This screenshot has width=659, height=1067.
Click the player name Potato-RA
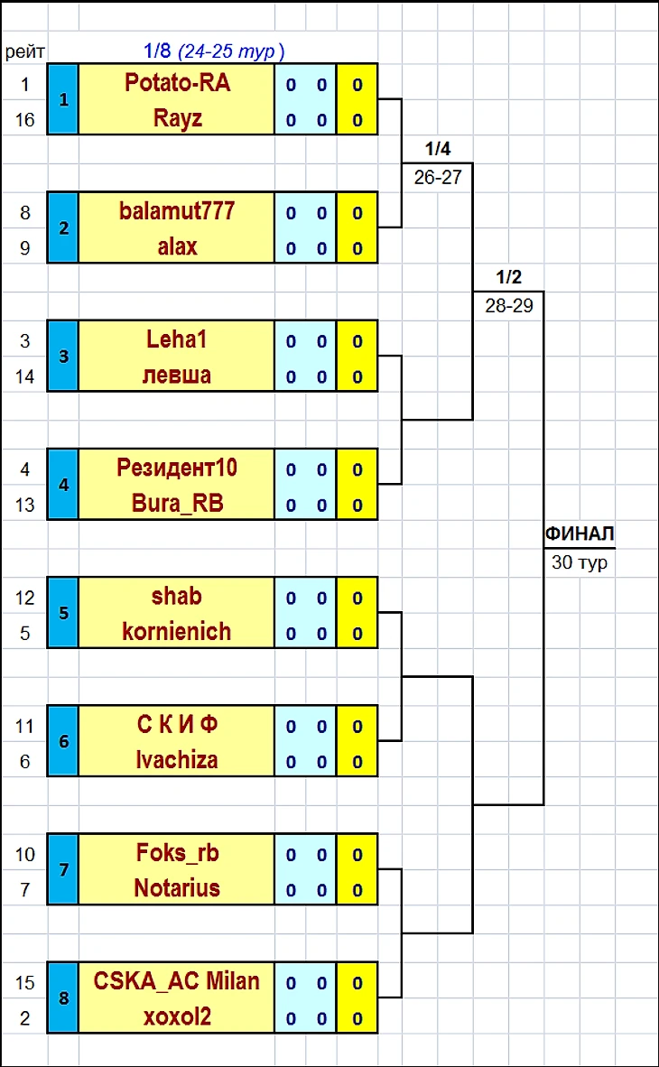tap(177, 83)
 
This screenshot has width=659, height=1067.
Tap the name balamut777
tap(177, 211)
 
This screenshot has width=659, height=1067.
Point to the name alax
tap(177, 246)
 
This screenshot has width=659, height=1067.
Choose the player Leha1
tap(177, 339)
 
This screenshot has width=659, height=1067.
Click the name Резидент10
tap(177, 468)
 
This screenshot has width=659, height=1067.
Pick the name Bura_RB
tap(177, 504)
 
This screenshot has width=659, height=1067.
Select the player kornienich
tap(177, 632)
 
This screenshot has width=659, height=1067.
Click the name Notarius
tap(177, 888)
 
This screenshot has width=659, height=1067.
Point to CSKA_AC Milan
tap(177, 981)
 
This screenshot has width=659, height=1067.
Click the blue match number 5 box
tap(63, 613)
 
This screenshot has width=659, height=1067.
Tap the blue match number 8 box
tap(63, 998)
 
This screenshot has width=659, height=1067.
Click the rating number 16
tap(25, 120)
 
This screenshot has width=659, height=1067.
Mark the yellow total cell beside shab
tap(357, 596)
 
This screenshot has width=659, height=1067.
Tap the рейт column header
tap(25, 51)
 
